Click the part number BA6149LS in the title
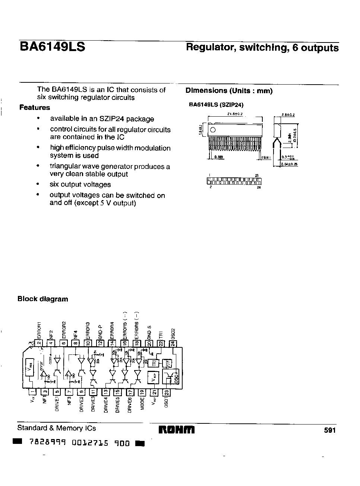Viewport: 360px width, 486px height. click(52, 47)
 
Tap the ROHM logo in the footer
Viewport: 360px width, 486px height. click(177, 430)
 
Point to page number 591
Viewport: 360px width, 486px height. click(330, 430)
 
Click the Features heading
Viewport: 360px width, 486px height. click(35, 108)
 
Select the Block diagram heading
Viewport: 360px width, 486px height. click(43, 299)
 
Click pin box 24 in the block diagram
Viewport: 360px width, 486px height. click(173, 344)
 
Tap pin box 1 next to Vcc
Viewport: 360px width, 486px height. click(32, 392)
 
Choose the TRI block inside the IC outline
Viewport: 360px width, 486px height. click(154, 362)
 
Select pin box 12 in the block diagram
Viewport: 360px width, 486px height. click(100, 344)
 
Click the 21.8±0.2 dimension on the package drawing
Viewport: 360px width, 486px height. click(235, 114)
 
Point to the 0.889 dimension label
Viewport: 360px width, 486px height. click(219, 157)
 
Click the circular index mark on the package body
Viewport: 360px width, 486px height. click(213, 130)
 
